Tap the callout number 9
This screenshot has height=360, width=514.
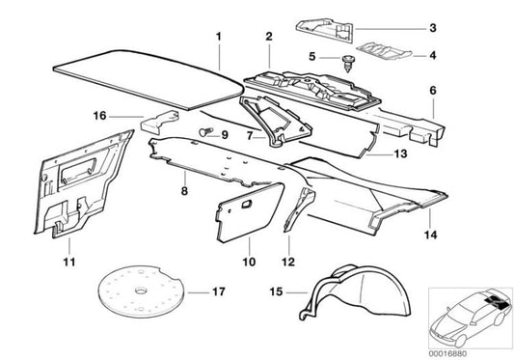(224, 134)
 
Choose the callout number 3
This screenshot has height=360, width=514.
(432, 27)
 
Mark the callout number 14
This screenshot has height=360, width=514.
(432, 233)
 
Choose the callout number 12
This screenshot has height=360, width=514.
(286, 260)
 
